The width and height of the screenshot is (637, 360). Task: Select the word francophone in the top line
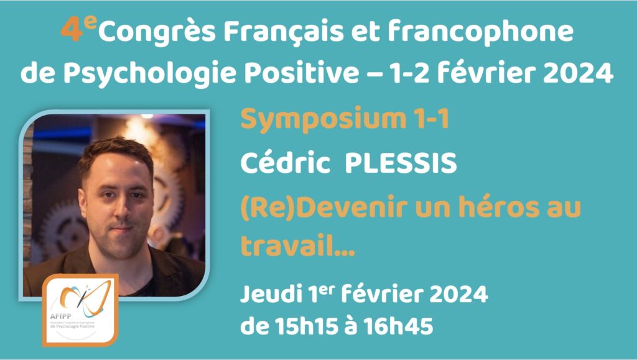(x=481, y=32)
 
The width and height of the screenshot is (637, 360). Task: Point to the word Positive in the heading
(x=301, y=73)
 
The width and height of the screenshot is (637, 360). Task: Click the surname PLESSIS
(x=401, y=163)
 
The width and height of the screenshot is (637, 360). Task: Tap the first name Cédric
(x=285, y=162)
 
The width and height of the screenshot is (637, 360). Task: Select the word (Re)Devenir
(x=323, y=207)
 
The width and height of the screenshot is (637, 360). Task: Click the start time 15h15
(x=306, y=326)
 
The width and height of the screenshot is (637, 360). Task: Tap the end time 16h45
(x=398, y=326)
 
